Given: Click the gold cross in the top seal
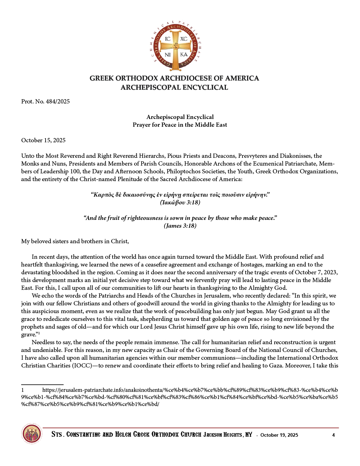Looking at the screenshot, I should point(175,46).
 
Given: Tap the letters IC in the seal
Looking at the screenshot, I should point(168,39).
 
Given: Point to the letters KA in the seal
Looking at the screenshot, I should point(184,55).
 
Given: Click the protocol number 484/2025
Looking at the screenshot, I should point(58,102).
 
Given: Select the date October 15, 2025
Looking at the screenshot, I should point(43,141).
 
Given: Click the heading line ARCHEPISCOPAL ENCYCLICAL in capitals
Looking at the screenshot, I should point(174,88).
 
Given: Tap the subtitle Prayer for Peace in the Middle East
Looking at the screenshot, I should point(180,125).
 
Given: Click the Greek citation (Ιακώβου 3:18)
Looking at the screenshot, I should point(180,203).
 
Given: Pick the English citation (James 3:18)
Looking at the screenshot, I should point(180,226).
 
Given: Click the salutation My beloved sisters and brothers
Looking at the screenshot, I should point(75,241).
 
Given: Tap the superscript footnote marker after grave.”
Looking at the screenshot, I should point(39,333).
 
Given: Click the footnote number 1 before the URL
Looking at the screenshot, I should point(23,390).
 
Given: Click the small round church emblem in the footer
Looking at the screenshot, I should point(32,434).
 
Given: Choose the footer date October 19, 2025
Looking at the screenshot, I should point(279,435).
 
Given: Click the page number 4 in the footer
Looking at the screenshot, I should point(334,435).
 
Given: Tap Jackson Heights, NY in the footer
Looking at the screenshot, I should point(228,435).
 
